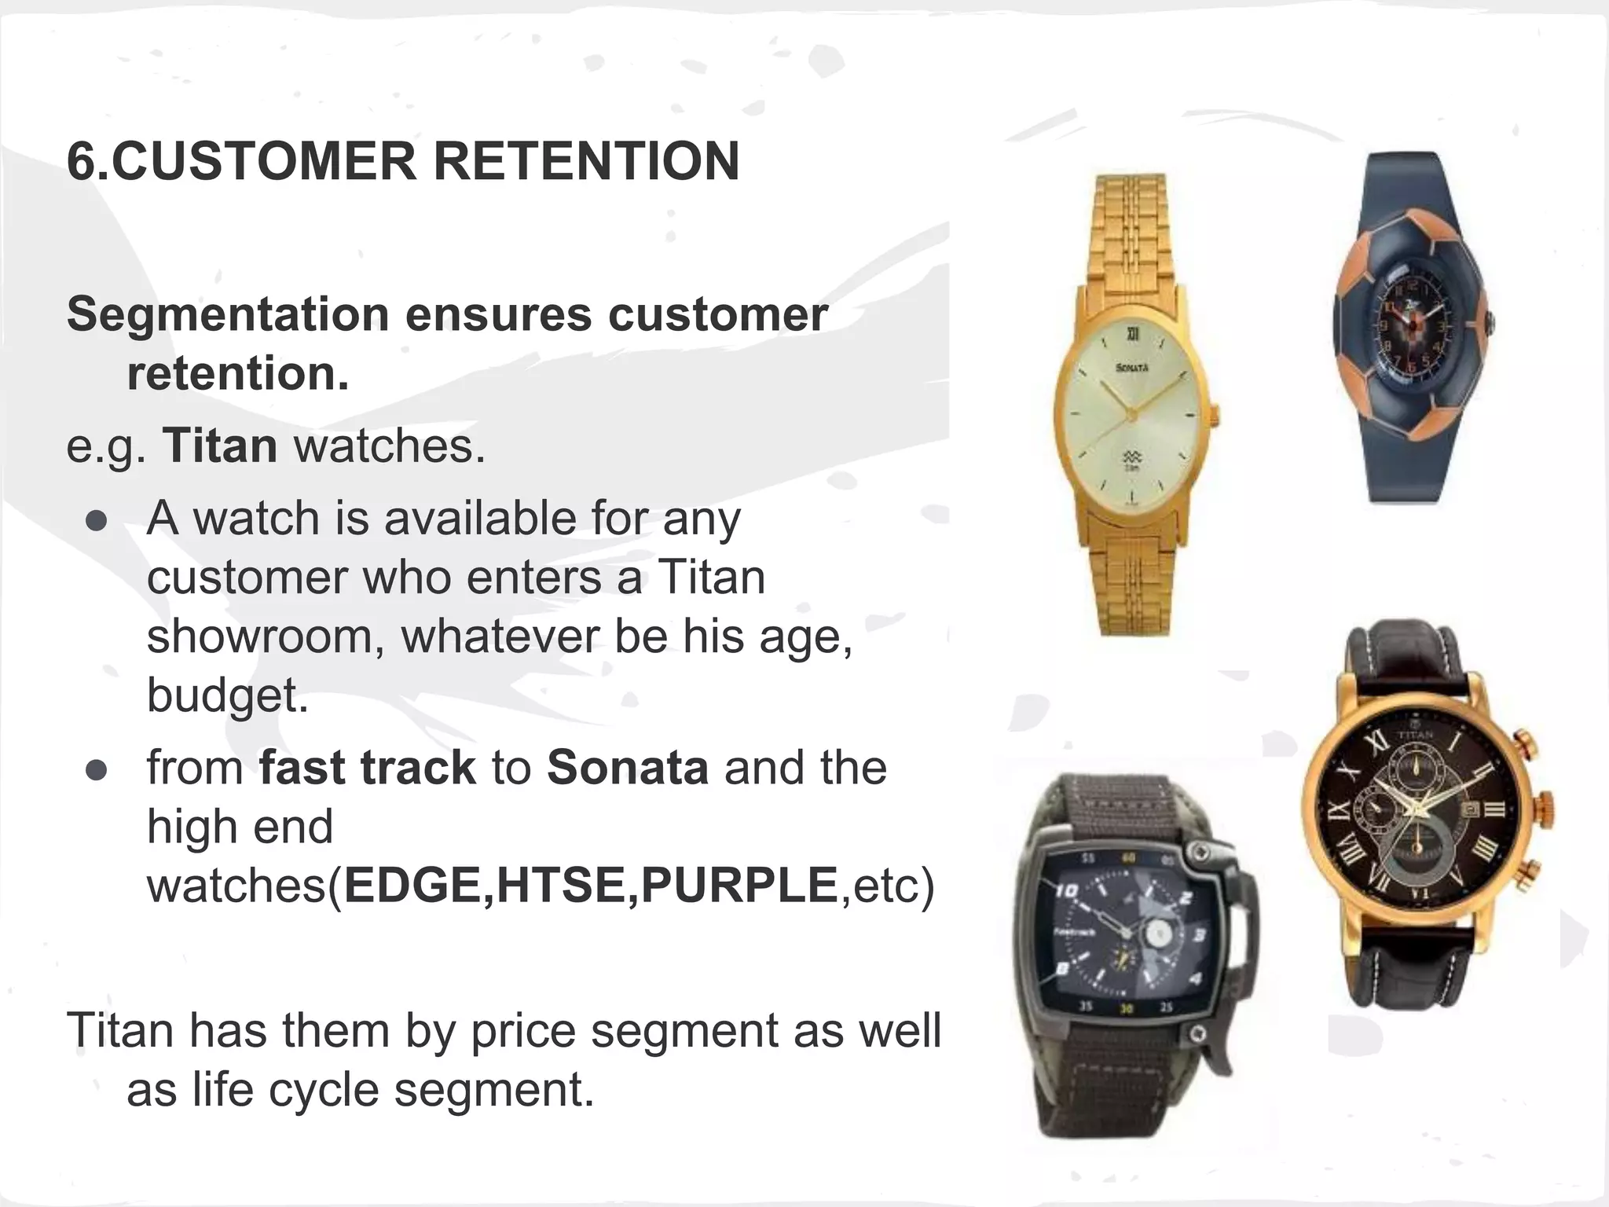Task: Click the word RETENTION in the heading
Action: pyautogui.click(x=586, y=161)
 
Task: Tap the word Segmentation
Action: pyautogui.click(x=228, y=314)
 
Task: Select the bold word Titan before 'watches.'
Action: pyautogui.click(x=220, y=446)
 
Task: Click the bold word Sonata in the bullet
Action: pyautogui.click(x=628, y=768)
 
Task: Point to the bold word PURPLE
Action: pyautogui.click(x=739, y=886)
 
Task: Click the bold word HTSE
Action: pyautogui.click(x=562, y=886)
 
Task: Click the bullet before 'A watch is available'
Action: pyautogui.click(x=97, y=523)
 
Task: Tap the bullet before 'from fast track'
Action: pyautogui.click(x=97, y=771)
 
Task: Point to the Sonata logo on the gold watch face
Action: pyautogui.click(x=1133, y=368)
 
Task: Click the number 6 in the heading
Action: pyautogui.click(x=81, y=161)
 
